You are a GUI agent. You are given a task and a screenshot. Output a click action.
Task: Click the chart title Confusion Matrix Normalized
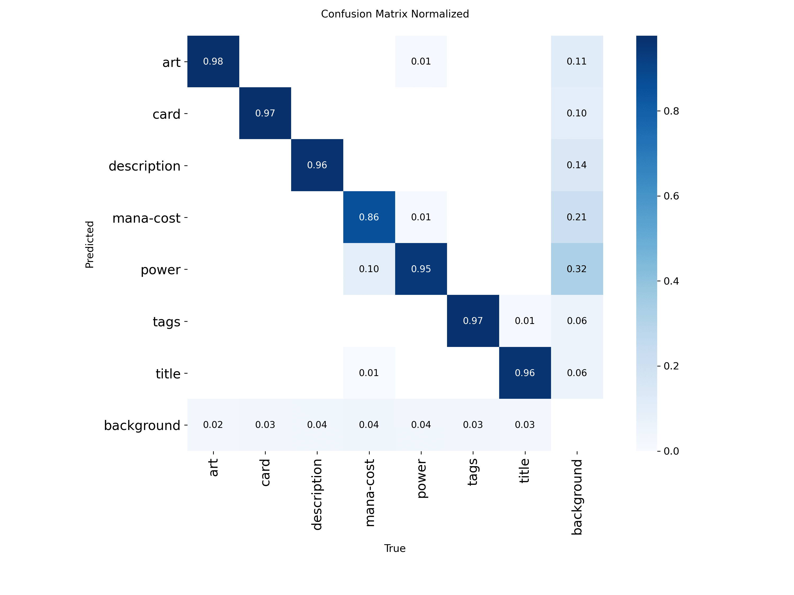click(x=395, y=14)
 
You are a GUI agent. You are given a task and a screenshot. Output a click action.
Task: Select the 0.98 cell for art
click(x=213, y=61)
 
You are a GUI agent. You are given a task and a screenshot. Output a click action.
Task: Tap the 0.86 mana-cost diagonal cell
click(x=369, y=217)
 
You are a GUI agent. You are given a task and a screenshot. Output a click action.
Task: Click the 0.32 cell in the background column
click(x=577, y=269)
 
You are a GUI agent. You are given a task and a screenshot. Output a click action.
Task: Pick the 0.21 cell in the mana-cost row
click(x=577, y=217)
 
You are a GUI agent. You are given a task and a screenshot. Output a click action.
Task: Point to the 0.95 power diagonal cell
click(x=421, y=269)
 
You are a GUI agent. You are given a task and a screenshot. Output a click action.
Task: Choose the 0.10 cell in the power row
click(x=369, y=269)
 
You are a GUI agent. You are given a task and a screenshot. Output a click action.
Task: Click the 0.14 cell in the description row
click(x=577, y=165)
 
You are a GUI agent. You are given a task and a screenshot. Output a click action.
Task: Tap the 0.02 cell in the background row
click(x=213, y=425)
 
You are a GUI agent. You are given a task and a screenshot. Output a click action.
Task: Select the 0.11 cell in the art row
click(x=577, y=61)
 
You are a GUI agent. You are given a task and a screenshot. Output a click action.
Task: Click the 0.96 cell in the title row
click(x=525, y=373)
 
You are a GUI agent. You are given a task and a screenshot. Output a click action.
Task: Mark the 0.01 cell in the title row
click(x=369, y=373)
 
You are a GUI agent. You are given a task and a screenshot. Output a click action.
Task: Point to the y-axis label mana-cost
click(x=146, y=218)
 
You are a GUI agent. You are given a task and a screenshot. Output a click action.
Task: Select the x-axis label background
click(x=577, y=497)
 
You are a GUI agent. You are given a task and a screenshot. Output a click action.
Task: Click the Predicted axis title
click(x=89, y=245)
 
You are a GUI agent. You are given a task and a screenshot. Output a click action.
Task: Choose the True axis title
click(x=395, y=548)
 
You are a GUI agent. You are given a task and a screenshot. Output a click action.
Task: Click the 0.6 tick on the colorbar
click(x=671, y=196)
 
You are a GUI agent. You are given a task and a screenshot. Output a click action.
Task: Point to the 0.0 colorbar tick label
click(x=671, y=451)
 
